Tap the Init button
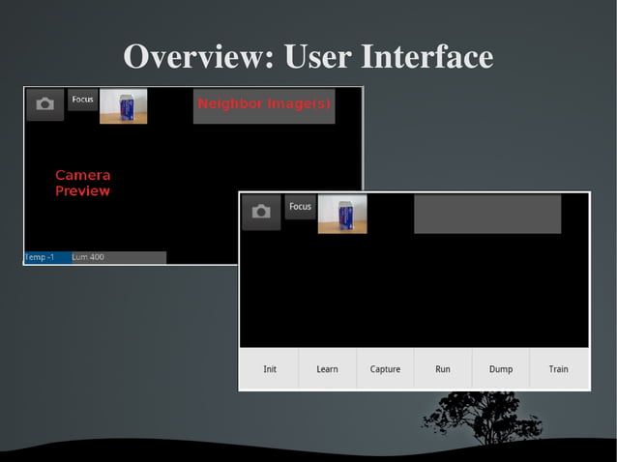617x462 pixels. click(x=270, y=369)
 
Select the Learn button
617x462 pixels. click(x=327, y=369)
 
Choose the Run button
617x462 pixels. click(x=443, y=369)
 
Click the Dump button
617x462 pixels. click(x=501, y=369)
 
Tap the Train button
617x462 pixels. click(x=558, y=369)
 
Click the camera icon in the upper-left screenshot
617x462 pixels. click(x=44, y=104)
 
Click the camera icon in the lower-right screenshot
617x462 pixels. click(x=261, y=212)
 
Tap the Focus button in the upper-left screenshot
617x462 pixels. click(x=82, y=100)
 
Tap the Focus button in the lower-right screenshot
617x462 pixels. click(x=301, y=207)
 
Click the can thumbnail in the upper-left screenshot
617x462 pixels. click(x=124, y=106)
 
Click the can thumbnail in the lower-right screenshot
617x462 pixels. click(x=342, y=214)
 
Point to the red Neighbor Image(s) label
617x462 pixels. click(x=263, y=103)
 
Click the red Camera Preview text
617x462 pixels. click(x=82, y=184)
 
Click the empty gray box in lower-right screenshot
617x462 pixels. click(x=487, y=214)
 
